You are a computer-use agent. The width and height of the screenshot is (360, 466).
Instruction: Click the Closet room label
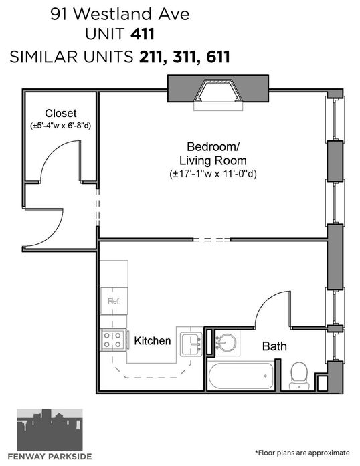(61, 113)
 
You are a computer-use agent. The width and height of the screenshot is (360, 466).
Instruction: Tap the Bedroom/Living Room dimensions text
(213, 174)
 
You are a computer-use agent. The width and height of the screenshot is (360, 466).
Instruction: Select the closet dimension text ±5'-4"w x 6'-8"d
(61, 126)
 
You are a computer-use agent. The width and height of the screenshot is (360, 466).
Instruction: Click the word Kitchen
(153, 340)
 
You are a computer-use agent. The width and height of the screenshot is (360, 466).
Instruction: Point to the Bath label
(274, 346)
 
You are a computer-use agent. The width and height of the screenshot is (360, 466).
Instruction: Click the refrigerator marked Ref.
(114, 301)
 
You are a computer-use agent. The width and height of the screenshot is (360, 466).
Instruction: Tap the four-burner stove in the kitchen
(114, 340)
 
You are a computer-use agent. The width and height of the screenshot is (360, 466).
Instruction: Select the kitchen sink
(191, 344)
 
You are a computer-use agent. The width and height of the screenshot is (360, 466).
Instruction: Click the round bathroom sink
(226, 343)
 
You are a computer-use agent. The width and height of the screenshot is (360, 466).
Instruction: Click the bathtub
(240, 376)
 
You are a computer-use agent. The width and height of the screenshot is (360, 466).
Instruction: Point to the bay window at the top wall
(218, 90)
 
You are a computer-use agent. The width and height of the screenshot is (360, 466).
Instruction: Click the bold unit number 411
(143, 34)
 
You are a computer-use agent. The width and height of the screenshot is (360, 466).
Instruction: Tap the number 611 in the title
(218, 57)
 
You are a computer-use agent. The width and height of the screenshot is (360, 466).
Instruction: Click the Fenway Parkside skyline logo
(50, 430)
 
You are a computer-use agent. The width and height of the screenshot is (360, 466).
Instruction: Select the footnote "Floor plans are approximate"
(302, 453)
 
